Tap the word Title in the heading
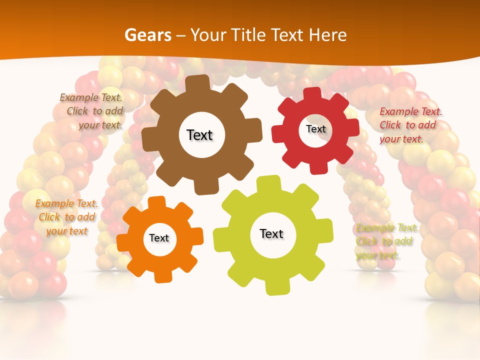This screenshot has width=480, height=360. (248, 35)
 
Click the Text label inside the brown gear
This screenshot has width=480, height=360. (200, 135)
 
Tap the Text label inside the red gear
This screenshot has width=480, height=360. (316, 129)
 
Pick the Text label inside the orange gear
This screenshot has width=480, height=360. (159, 238)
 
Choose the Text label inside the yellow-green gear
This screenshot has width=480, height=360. (271, 233)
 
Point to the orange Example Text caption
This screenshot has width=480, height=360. (66, 217)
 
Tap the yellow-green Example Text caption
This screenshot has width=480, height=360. (386, 241)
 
